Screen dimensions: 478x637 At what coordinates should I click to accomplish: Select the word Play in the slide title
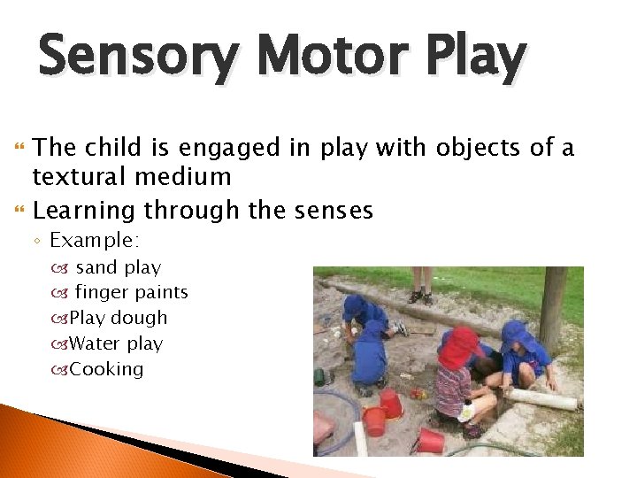pos(479,58)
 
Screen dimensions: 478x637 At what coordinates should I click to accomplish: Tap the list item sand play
pos(118,267)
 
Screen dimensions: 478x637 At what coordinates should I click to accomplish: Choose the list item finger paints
pos(131,292)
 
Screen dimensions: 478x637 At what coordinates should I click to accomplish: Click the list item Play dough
pos(118,318)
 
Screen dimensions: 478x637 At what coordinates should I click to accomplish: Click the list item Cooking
pos(106,369)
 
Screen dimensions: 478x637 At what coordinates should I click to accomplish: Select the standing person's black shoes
pos(422,297)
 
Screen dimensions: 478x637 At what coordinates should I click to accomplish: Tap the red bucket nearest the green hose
pos(431,440)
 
